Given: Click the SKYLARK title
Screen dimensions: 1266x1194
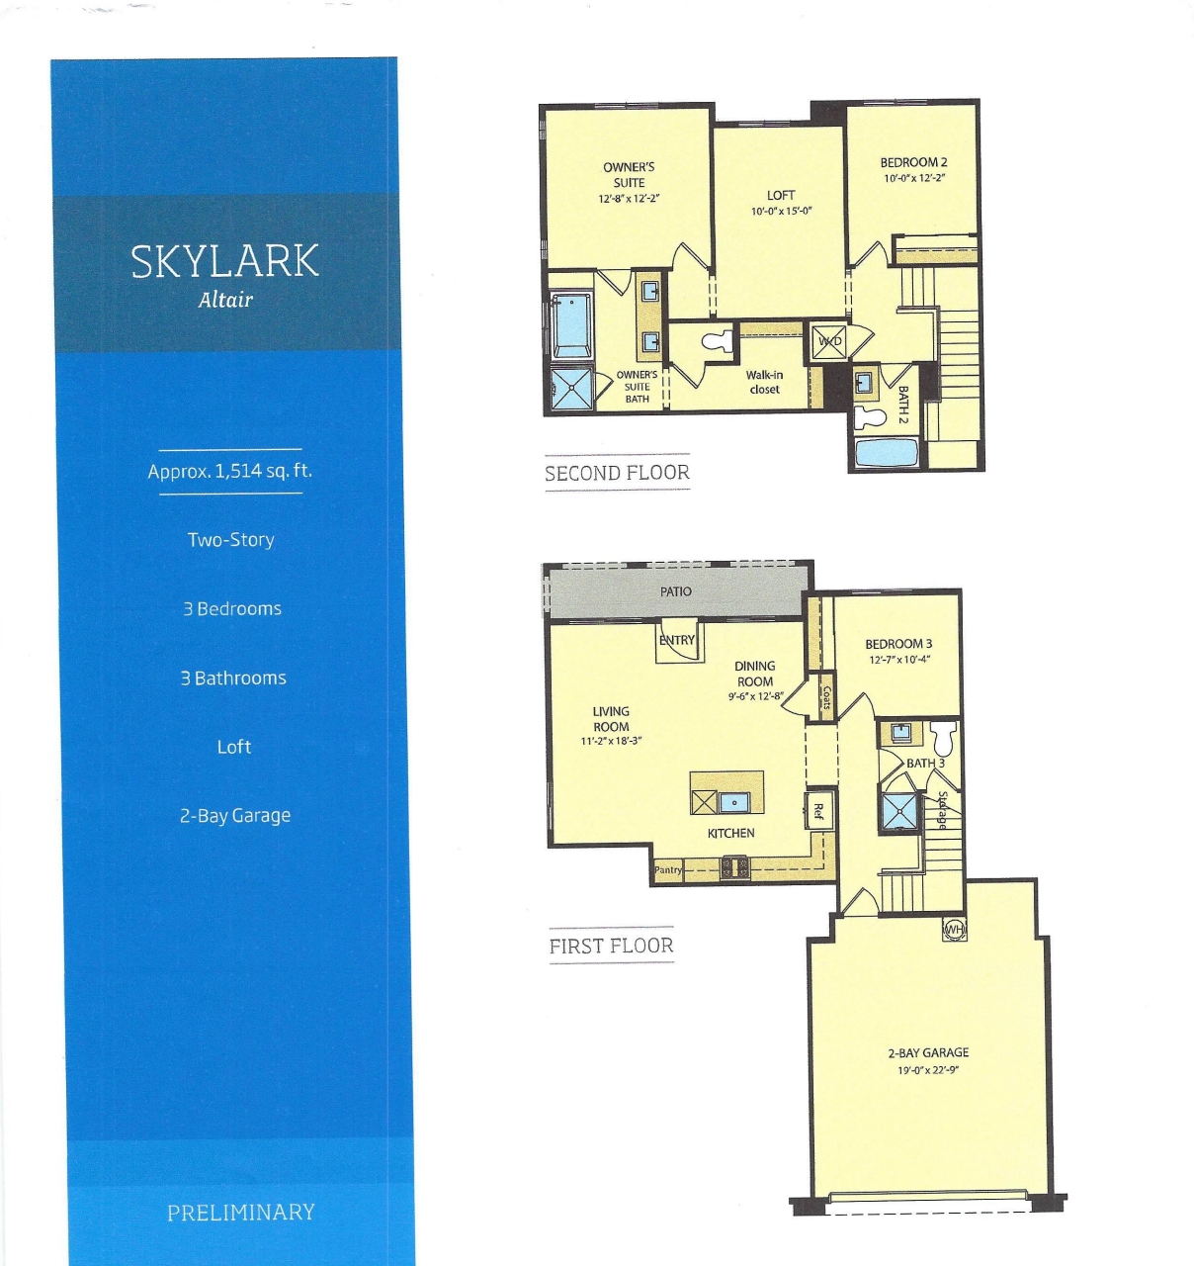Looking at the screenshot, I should click(225, 261).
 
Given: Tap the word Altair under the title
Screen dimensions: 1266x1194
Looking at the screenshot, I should click(225, 300).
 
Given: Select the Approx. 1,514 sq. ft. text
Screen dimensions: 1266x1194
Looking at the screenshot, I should click(229, 471).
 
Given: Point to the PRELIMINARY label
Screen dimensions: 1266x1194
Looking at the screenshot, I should click(240, 1212).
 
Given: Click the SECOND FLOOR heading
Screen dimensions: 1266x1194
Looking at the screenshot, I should click(617, 473).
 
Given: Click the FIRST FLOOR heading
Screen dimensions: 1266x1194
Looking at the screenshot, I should click(611, 946).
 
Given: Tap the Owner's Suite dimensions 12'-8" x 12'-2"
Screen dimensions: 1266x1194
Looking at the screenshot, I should click(629, 198).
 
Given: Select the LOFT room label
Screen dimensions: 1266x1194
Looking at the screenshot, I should click(781, 195).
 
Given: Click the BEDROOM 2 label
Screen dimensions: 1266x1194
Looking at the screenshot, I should click(913, 162).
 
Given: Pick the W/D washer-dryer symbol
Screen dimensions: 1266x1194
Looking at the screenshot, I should click(828, 341).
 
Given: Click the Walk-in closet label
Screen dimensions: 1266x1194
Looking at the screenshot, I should click(764, 382).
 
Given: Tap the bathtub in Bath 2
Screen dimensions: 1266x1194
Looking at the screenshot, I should click(887, 452).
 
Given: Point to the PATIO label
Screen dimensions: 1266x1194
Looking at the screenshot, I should click(676, 591).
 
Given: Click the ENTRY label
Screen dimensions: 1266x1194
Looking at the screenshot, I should click(677, 640).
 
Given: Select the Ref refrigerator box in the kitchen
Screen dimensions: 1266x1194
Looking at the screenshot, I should click(818, 811).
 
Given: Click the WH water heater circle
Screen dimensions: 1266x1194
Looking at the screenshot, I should click(954, 930).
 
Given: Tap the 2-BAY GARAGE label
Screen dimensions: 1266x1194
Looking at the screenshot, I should click(928, 1052).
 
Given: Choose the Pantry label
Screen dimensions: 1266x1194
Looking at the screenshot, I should click(668, 869).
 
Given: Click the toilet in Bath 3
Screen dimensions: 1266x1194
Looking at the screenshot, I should click(945, 736).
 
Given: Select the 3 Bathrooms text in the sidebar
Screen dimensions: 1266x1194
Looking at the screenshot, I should click(233, 678).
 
